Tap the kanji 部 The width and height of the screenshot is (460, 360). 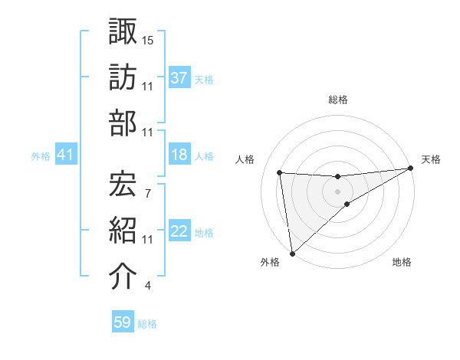(123, 124)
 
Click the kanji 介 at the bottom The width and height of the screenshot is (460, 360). (123, 277)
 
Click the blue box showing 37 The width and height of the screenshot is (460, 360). (179, 77)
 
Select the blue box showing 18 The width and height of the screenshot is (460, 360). (179, 155)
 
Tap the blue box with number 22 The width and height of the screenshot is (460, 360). (179, 231)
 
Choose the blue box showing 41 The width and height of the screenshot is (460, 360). (65, 155)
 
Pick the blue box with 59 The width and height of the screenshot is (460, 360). (123, 322)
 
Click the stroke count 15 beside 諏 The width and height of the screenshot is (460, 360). (148, 40)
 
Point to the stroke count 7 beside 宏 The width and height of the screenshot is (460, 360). (147, 193)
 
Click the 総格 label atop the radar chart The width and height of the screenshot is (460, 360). (338, 100)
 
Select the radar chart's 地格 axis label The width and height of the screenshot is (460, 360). (402, 263)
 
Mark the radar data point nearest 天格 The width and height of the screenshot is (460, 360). (410, 169)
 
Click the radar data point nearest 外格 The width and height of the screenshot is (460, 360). (292, 253)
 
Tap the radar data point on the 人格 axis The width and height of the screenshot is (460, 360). (280, 172)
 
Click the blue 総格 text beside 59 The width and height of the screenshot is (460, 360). (147, 324)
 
